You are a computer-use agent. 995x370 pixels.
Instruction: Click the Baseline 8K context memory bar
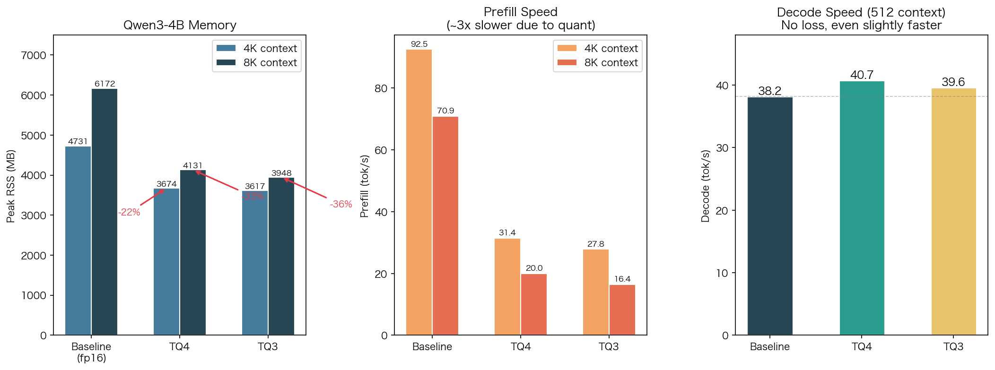point(105,213)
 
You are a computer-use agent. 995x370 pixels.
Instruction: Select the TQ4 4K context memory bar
point(166,262)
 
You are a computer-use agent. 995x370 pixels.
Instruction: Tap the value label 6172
point(105,84)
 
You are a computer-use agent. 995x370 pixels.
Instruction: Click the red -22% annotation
point(129,212)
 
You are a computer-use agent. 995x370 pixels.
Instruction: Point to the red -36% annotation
point(341,204)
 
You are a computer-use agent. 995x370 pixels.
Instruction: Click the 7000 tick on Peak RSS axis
point(34,55)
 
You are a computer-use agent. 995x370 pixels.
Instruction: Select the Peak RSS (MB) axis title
point(11,186)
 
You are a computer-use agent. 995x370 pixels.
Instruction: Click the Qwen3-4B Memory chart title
point(180,25)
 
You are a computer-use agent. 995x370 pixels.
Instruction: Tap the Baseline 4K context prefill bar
point(419,193)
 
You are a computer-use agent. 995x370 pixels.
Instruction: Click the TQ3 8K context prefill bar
point(622,310)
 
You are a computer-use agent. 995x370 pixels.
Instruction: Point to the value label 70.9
point(445,111)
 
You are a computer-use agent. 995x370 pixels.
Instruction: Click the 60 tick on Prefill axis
point(381,150)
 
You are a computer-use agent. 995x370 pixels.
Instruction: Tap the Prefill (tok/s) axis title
point(364,186)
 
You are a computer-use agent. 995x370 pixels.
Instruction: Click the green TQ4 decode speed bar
point(862,208)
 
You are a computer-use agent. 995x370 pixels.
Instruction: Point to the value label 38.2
point(769,91)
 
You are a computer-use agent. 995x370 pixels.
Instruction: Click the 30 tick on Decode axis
point(722,148)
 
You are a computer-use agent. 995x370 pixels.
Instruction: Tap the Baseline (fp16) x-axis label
point(91,352)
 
